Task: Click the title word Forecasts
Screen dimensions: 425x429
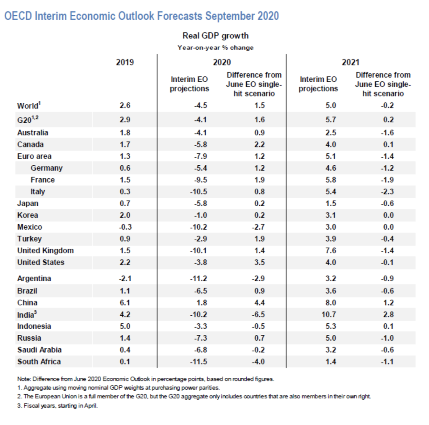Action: (x=179, y=16)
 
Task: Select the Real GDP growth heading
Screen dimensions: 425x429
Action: (x=215, y=36)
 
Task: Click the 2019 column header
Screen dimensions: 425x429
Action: (x=125, y=62)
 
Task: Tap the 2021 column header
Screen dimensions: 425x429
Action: (x=350, y=62)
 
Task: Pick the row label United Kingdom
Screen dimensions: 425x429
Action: (x=45, y=251)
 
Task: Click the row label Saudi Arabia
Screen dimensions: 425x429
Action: (x=39, y=350)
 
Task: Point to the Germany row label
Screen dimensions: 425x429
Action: (x=46, y=168)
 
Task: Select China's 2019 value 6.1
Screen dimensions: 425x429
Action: (x=125, y=303)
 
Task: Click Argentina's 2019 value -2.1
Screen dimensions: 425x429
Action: (x=125, y=279)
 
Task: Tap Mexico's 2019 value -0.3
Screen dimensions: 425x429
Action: (x=125, y=227)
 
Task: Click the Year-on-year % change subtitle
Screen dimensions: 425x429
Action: (x=215, y=48)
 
